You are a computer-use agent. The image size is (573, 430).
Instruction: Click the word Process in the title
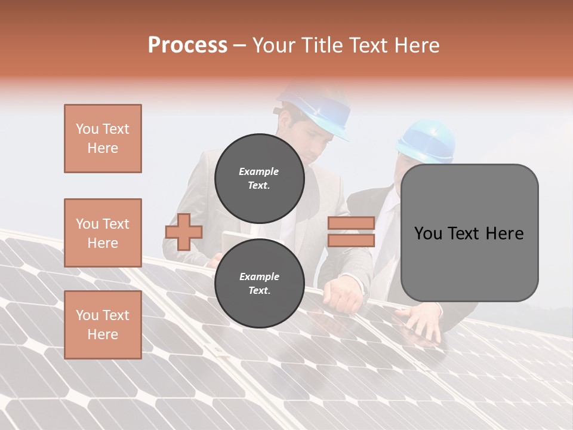187,45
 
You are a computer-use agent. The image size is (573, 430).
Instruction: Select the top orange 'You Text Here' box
103,139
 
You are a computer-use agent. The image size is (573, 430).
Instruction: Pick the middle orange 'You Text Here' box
103,233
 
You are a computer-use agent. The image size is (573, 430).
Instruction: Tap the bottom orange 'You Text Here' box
103,324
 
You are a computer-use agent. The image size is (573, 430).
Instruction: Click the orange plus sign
184,232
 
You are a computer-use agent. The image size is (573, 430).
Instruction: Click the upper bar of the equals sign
351,223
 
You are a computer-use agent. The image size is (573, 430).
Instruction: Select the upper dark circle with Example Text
259,178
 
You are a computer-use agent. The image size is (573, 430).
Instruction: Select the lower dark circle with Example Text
259,283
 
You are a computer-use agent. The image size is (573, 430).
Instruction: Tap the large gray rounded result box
469,233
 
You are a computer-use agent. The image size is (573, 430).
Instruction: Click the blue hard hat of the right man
427,140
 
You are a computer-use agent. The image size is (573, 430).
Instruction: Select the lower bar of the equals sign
351,241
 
